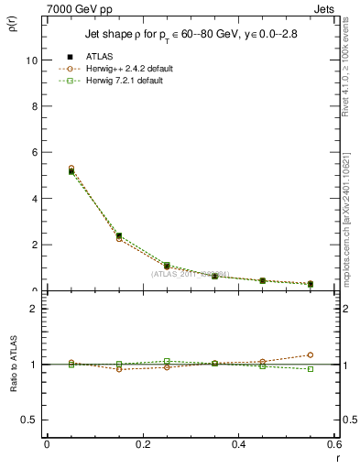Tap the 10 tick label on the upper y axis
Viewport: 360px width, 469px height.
[32, 60]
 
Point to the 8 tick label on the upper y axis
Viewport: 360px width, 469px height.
[35, 106]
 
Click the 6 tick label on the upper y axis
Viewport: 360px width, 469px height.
[35, 152]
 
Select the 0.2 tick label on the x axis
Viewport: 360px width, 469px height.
[142, 444]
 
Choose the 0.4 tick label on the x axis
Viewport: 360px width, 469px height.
[238, 444]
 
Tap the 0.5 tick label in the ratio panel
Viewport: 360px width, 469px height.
[30, 420]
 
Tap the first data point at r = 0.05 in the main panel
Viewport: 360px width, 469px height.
[71, 170]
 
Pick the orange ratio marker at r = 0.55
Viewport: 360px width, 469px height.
[311, 354]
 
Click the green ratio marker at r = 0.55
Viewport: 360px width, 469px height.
[311, 369]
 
